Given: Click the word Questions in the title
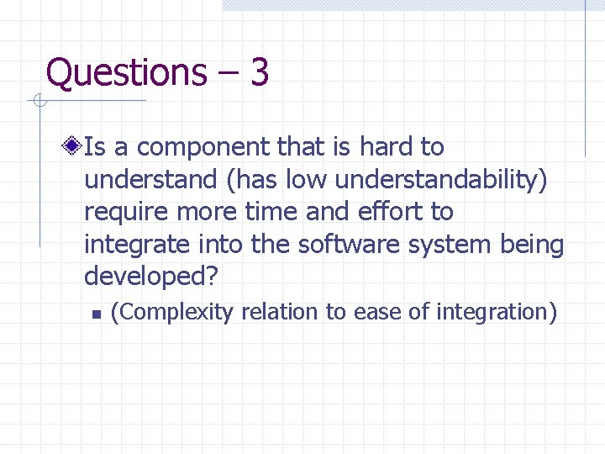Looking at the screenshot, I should click(x=126, y=73).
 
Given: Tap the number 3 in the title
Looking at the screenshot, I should click(x=259, y=72).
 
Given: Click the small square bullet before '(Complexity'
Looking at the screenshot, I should click(x=97, y=314).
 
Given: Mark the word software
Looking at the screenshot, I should click(x=368, y=245).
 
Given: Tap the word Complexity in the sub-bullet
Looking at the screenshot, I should click(x=176, y=313).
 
